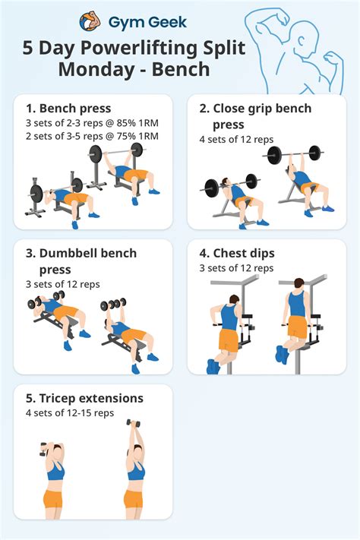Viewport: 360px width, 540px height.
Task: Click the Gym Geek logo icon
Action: (x=90, y=21)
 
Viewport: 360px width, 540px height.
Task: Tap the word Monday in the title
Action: (x=97, y=71)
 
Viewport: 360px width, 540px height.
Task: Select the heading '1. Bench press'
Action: (x=68, y=109)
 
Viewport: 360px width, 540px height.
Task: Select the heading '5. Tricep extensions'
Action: (x=84, y=398)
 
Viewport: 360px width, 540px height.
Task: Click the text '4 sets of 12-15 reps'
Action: (x=69, y=413)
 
